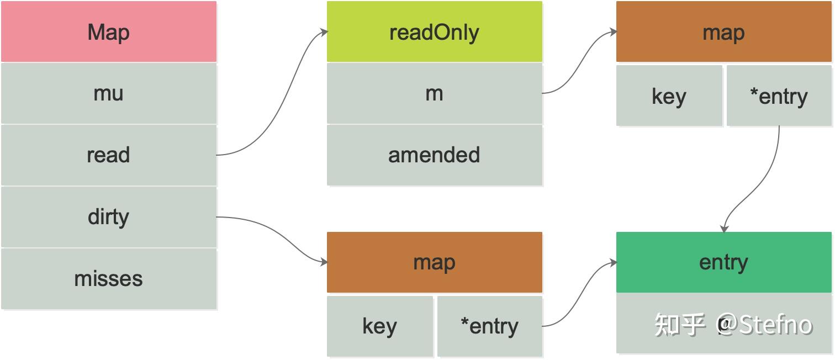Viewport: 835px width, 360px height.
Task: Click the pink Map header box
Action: (x=109, y=31)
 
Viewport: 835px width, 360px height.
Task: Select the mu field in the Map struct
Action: (x=109, y=93)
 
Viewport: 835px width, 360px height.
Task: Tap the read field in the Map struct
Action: (x=109, y=155)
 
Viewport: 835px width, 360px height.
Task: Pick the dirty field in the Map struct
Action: (x=109, y=217)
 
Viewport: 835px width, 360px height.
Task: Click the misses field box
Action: (x=109, y=279)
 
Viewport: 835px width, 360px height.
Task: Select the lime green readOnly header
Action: (x=434, y=31)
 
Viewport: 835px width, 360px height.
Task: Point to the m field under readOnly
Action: (x=434, y=93)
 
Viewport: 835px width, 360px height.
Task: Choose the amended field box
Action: (x=434, y=155)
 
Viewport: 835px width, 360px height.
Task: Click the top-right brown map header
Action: (x=723, y=31)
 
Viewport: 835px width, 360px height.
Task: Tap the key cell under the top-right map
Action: (x=669, y=96)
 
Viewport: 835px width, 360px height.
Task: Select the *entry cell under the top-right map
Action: (x=779, y=96)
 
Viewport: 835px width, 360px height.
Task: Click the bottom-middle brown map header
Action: (x=434, y=262)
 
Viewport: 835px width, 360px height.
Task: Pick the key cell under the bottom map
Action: (x=379, y=326)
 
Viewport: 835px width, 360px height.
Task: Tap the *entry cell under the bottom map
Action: (x=489, y=326)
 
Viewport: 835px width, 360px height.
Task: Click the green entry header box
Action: (x=723, y=262)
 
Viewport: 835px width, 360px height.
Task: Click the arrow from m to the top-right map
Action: (x=580, y=61)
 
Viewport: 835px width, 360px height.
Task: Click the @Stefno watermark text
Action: (x=765, y=325)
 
